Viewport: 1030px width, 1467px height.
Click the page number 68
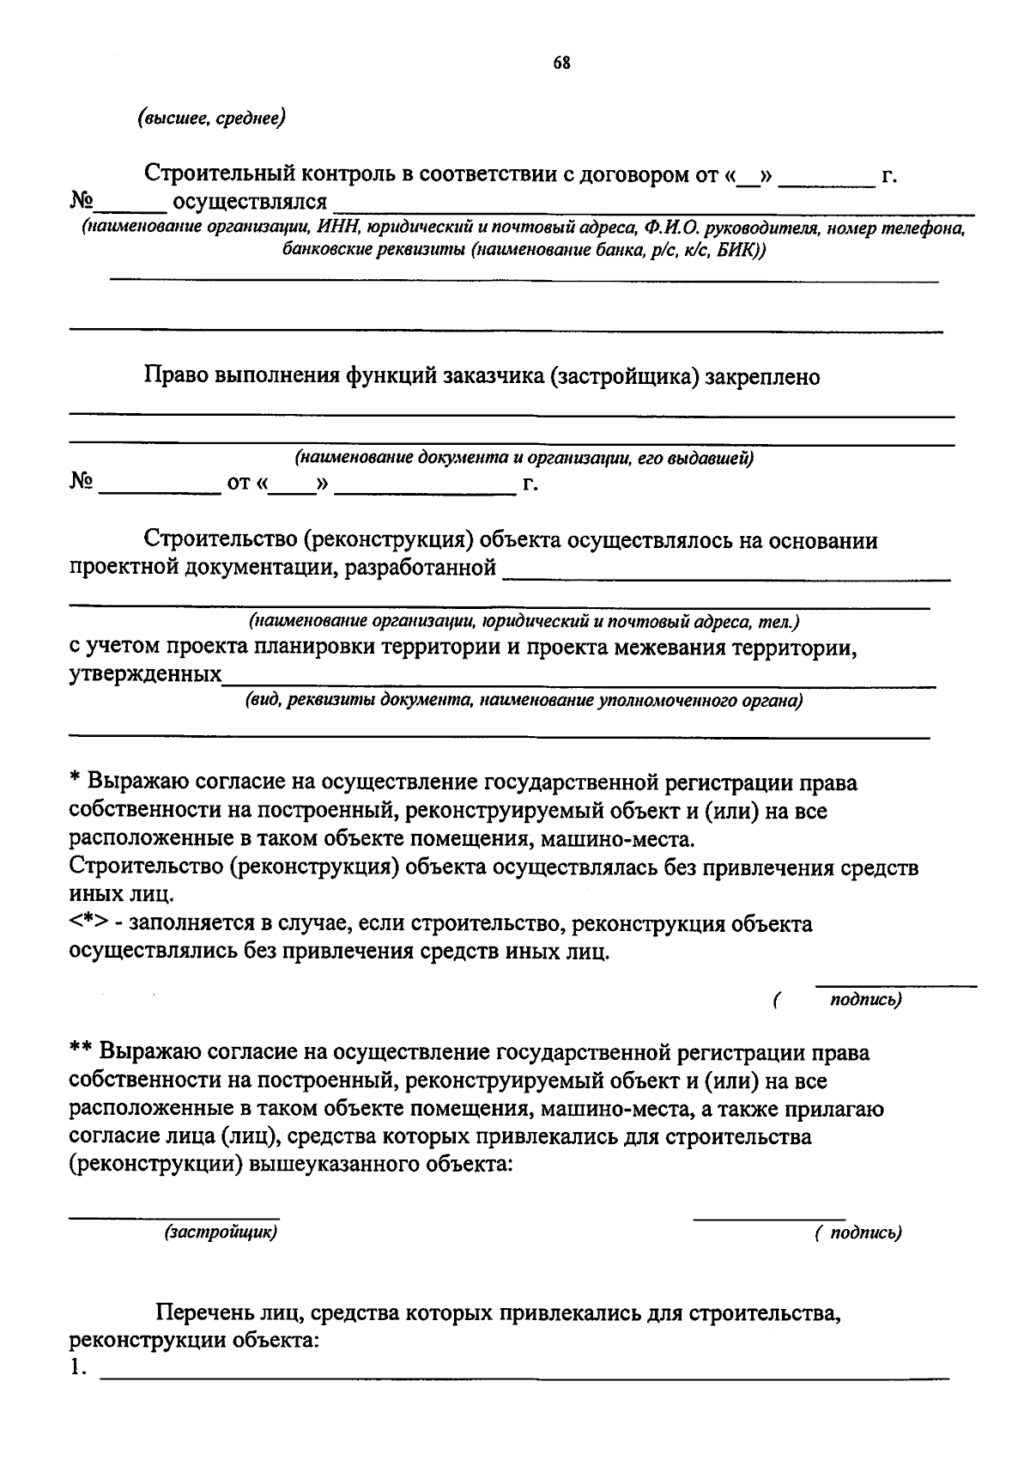[562, 63]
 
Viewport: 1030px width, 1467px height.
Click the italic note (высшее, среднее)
[211, 118]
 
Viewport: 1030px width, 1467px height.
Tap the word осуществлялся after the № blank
[250, 203]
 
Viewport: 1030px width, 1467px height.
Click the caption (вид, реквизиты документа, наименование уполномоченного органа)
[524, 701]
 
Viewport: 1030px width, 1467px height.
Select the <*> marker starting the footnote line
[87, 924]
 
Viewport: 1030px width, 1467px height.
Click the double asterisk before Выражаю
[81, 1051]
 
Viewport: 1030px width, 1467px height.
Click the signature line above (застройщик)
[174, 1216]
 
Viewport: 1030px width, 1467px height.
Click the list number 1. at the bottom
[78, 1368]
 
